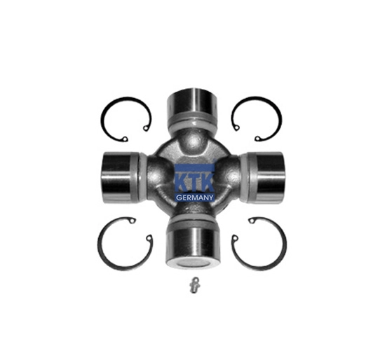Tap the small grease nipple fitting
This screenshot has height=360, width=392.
click(194, 285)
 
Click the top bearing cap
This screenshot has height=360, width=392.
click(192, 101)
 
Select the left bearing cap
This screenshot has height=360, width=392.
click(118, 176)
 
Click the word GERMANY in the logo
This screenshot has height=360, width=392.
click(195, 198)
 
